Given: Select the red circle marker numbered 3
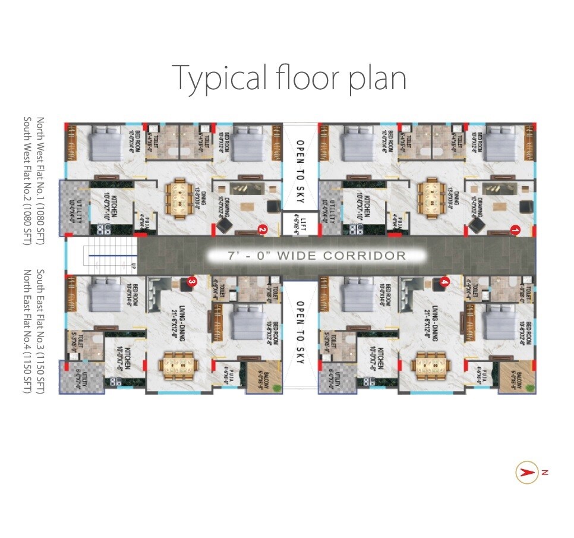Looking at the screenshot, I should click(191, 281).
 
